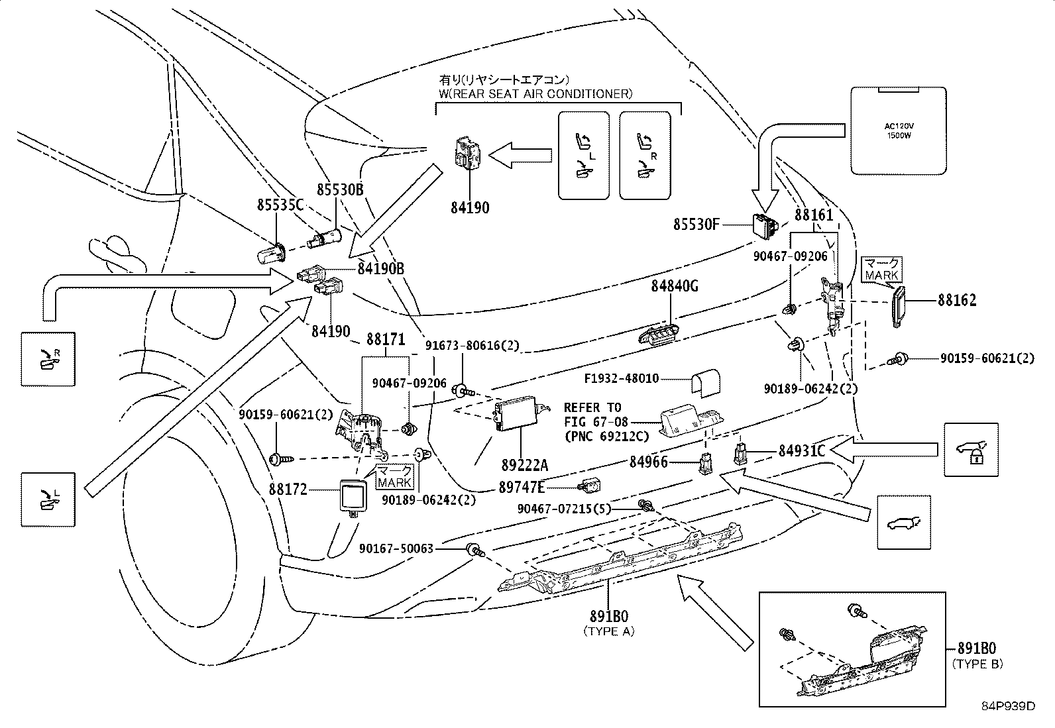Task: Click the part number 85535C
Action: click(280, 205)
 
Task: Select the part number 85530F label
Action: click(696, 225)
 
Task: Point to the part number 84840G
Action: click(675, 286)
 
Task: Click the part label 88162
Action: click(956, 300)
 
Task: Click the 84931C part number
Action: click(801, 451)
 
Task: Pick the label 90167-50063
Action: click(396, 548)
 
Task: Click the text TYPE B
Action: click(977, 664)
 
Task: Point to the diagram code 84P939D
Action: click(1008, 706)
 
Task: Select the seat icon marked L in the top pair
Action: click(583, 155)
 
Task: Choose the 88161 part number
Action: click(814, 215)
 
